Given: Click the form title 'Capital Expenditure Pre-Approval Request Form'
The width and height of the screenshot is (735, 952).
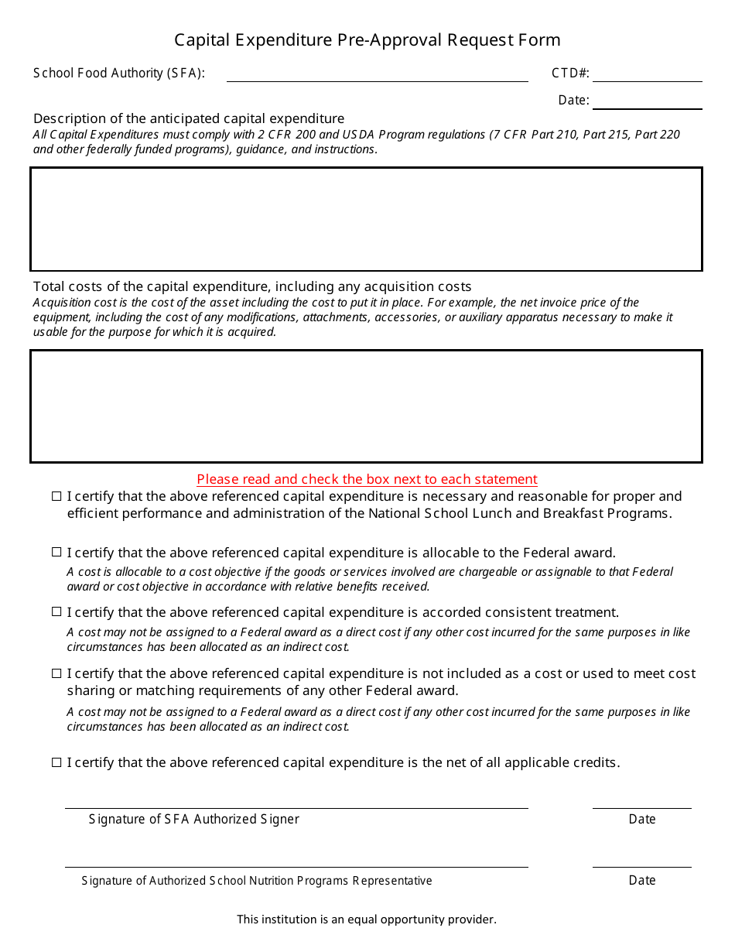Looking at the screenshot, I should (x=367, y=40).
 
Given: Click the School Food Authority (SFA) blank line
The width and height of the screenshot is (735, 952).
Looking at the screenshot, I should (x=377, y=76).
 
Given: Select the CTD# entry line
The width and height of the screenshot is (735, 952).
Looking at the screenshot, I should (x=647, y=76).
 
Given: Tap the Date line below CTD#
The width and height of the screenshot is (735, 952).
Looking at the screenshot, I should (x=647, y=103).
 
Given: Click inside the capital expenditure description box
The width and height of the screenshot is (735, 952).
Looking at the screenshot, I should (x=367, y=219).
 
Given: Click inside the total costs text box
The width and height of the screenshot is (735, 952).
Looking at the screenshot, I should (x=367, y=406).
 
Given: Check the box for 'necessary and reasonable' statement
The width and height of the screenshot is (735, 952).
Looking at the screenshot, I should (x=56, y=496).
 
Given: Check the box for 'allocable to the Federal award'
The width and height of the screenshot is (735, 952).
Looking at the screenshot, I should (x=56, y=553).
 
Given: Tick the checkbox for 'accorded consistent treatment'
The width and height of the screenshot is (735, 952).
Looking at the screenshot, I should (x=56, y=612).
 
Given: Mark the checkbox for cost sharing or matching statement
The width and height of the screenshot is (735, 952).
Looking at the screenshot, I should (x=56, y=673).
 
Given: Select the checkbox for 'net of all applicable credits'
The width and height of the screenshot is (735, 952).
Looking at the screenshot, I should (x=56, y=762).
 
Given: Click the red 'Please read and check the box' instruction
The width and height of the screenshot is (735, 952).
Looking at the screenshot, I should (x=367, y=479).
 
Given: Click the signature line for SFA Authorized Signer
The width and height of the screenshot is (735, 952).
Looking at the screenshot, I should (x=296, y=804).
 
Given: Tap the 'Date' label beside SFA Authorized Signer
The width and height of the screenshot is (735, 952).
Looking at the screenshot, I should (x=641, y=819).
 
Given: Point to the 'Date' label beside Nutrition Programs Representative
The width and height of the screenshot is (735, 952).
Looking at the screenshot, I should (x=641, y=880).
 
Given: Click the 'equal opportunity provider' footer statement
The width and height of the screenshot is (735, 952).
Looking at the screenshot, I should (x=367, y=919).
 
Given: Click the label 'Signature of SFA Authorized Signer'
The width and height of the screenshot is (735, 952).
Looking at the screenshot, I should (x=193, y=819).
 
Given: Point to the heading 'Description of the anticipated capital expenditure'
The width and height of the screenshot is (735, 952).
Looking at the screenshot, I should (x=189, y=118).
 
